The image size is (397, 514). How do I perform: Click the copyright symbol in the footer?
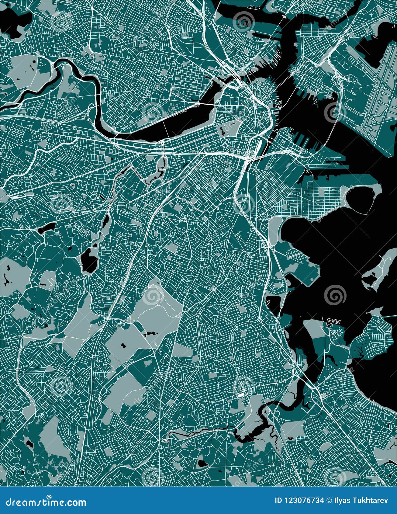(x=329, y=501)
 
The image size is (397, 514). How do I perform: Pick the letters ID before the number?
(x=278, y=501)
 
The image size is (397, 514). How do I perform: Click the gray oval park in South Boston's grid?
(x=285, y=206)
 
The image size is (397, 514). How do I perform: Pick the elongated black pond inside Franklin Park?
(x=150, y=334)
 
